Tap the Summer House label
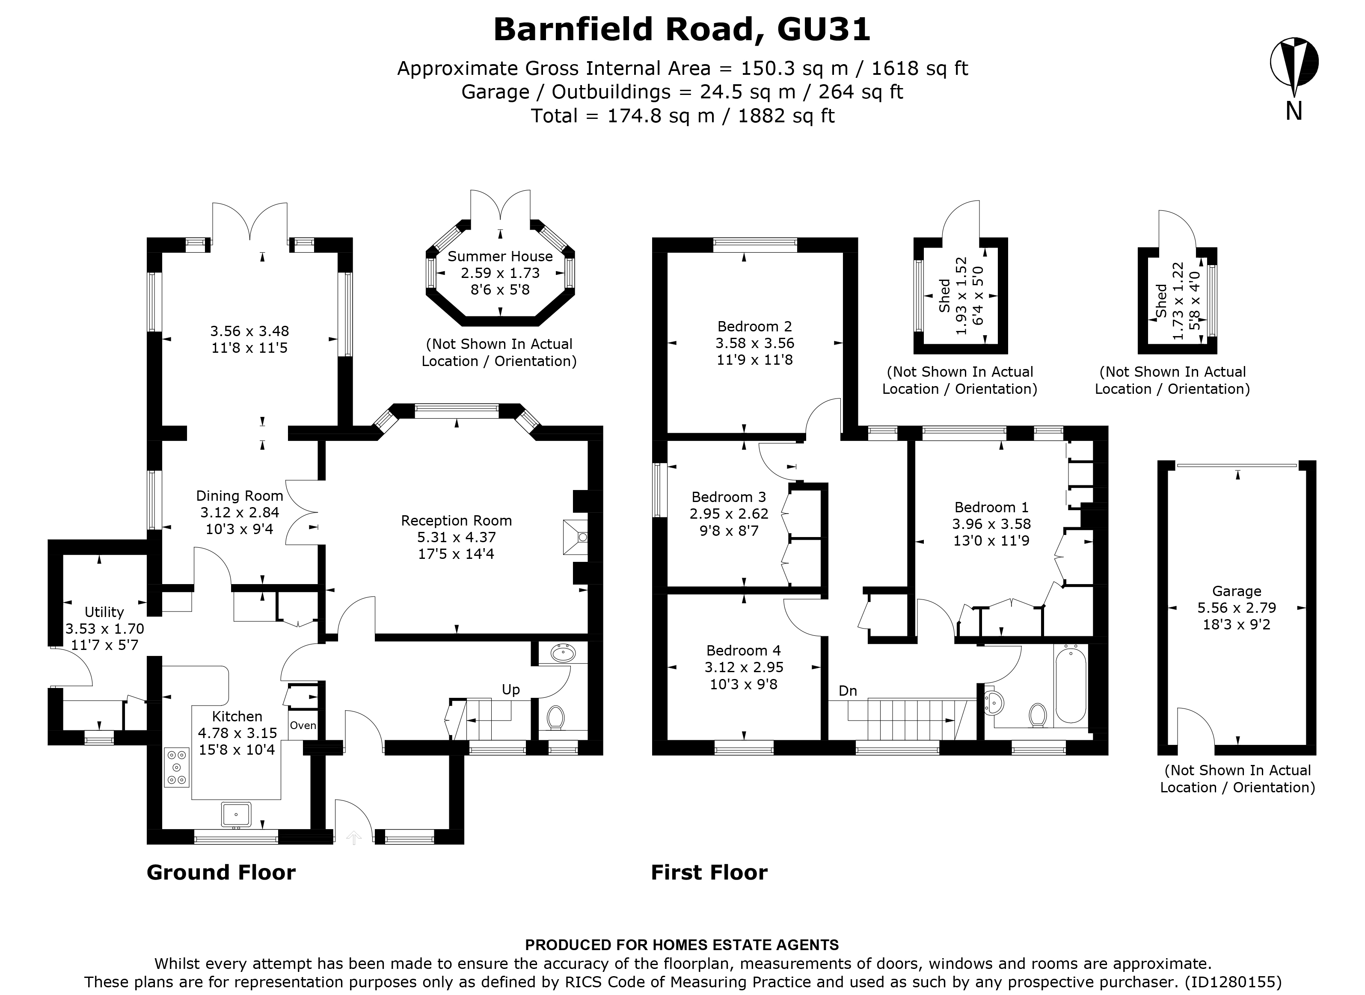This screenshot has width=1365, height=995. coord(500,257)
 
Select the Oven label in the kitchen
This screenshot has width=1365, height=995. coord(303,726)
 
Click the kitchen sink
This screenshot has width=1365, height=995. coord(236,814)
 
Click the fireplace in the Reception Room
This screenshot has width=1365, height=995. coord(576,537)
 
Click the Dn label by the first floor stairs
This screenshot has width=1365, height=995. coord(847,691)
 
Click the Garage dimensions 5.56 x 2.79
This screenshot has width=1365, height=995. coord(1236,608)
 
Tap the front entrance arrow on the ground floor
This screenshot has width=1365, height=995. coord(354,837)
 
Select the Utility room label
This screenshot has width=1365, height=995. coord(104,612)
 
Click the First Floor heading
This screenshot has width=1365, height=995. coord(709,873)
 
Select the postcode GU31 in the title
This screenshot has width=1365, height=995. coord(823,30)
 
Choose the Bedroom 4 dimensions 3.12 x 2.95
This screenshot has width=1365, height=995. coord(743,667)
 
